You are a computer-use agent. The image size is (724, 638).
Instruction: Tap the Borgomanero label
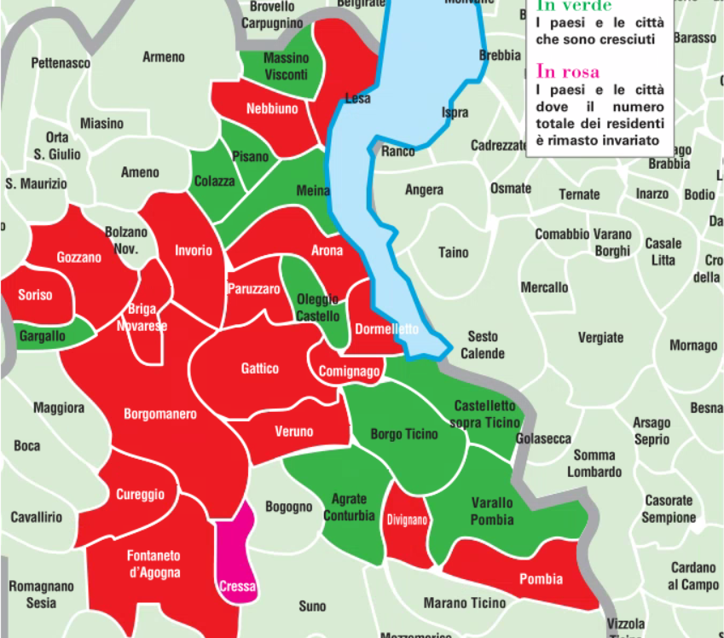click(x=160, y=415)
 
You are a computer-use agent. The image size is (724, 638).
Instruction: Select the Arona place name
click(x=327, y=251)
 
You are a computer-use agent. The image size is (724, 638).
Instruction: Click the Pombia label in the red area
click(x=541, y=579)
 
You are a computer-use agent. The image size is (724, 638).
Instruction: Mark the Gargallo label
click(x=42, y=336)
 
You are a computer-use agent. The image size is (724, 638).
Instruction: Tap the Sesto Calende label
click(x=482, y=345)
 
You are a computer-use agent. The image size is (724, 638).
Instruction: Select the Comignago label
click(x=348, y=372)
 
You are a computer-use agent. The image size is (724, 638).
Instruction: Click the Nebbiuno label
click(x=272, y=109)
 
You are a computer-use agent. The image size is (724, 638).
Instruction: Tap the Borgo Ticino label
click(x=404, y=434)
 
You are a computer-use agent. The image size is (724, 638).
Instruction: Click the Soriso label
click(x=35, y=295)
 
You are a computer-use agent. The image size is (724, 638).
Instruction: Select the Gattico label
click(x=259, y=368)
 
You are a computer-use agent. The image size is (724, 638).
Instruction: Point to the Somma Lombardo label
click(x=595, y=464)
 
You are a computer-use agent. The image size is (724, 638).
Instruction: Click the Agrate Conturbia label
click(x=349, y=507)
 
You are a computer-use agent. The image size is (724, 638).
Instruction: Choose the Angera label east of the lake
click(x=424, y=190)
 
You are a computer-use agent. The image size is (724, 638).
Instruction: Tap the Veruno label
click(x=293, y=432)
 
